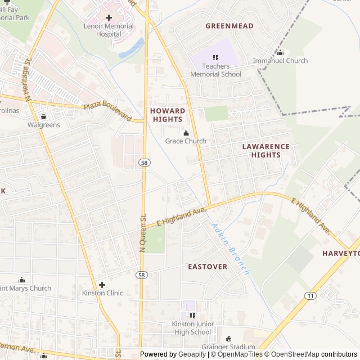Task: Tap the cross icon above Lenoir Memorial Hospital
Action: click(x=109, y=17)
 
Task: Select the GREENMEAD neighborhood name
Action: click(x=229, y=26)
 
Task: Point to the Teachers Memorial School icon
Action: click(x=215, y=57)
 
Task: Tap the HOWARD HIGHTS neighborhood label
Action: click(x=167, y=115)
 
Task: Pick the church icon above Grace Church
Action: click(x=186, y=133)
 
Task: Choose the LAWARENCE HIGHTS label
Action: click(x=265, y=151)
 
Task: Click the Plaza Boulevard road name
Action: click(x=107, y=112)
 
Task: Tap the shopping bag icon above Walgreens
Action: click(x=43, y=116)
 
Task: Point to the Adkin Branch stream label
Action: click(x=229, y=247)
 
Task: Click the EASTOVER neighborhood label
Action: click(x=208, y=267)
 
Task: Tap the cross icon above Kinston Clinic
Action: click(x=102, y=285)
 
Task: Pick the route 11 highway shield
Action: click(x=310, y=295)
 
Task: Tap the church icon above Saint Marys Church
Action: click(x=22, y=280)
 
